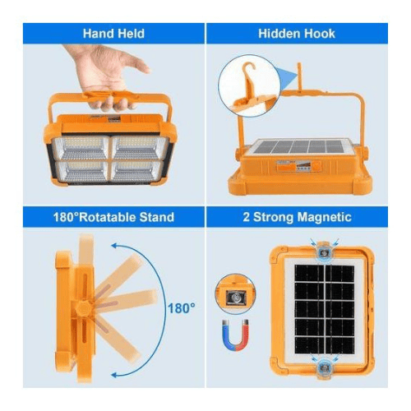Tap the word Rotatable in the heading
coord(108,217)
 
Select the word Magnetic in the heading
coord(325,217)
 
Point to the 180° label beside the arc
coord(182,308)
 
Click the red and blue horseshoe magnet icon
coord(235,335)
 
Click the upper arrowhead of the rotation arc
coord(114,246)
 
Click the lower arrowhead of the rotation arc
coord(115,375)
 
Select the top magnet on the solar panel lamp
coord(325,252)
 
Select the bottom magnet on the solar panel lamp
coord(325,367)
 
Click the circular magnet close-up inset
coord(235,293)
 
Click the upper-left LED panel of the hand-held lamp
coord(81,148)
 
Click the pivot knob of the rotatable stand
coord(83,308)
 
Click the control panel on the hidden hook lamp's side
coord(298,166)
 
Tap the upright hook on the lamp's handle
coord(299,76)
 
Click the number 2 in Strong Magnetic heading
coord(247,217)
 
